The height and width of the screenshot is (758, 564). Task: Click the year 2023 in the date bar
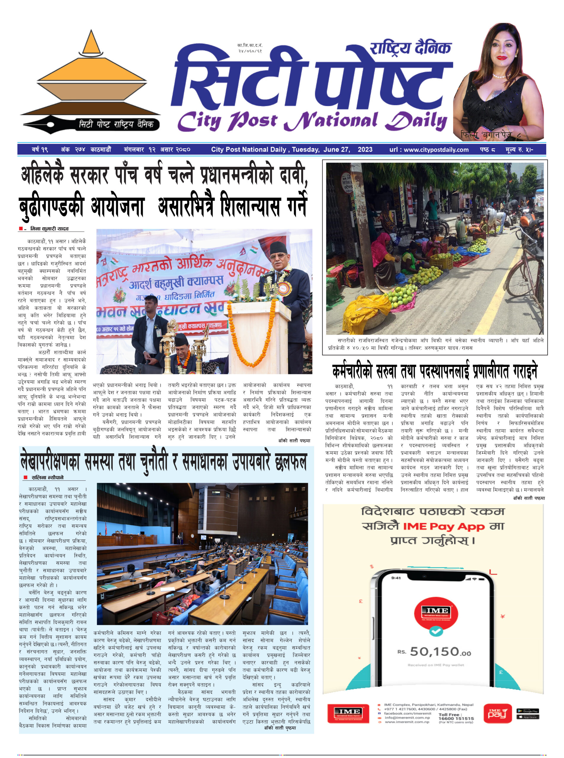point(365,150)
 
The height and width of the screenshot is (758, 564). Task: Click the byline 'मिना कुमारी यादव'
point(49,229)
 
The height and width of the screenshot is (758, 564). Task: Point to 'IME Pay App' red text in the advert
point(443,527)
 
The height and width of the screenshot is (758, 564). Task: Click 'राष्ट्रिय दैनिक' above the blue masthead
point(410,48)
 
